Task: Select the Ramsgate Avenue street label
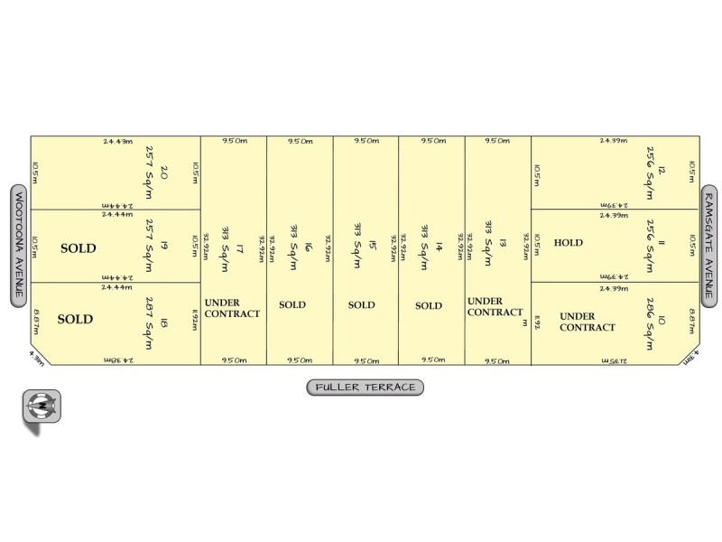tap(709, 245)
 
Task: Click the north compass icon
tap(42, 406)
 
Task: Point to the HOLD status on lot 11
tap(569, 243)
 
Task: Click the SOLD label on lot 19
tap(78, 248)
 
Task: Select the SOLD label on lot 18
tap(75, 319)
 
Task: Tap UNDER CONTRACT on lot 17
tap(232, 308)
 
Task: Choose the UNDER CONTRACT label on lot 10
tap(588, 322)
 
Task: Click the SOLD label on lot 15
tap(362, 305)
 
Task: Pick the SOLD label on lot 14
tap(429, 305)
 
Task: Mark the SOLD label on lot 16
tap(292, 305)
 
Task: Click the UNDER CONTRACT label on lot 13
tap(495, 306)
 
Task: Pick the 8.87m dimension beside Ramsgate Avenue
tap(691, 319)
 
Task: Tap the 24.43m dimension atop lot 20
tap(117, 141)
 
